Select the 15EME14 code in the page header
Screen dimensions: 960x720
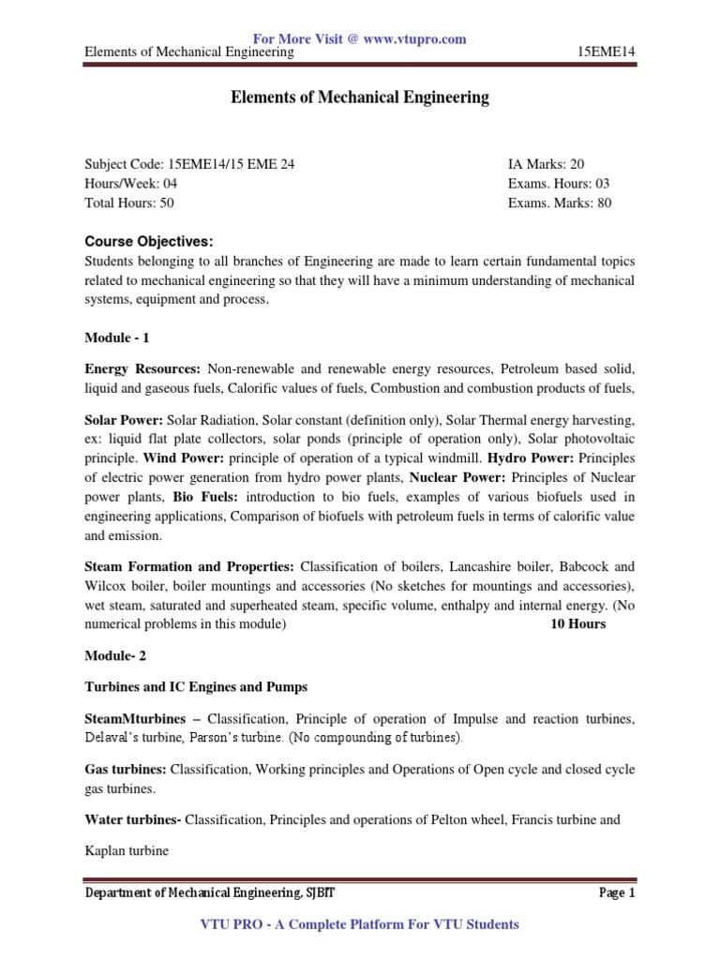[607, 52]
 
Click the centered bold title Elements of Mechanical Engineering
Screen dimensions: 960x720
[360, 97]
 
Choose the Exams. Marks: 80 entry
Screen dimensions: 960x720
[559, 202]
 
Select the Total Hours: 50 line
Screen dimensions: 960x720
[128, 202]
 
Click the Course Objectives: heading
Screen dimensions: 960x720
[149, 242]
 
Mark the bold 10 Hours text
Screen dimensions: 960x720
[577, 623]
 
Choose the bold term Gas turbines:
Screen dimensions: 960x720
[126, 769]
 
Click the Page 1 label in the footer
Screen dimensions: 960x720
[617, 893]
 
